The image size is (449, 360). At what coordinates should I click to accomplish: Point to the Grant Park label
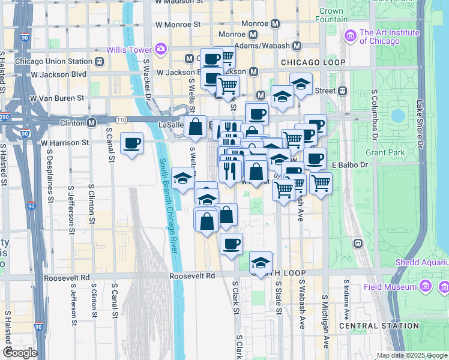click(384, 152)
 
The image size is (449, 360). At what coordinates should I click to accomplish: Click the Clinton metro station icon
click(92, 122)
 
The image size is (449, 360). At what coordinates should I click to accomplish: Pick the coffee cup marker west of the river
click(131, 144)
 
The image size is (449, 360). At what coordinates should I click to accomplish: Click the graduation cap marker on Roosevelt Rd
click(261, 263)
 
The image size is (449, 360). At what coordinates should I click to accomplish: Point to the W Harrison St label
click(65, 143)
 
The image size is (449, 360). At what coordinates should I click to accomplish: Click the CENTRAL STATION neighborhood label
click(379, 326)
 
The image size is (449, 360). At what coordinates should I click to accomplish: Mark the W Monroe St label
click(178, 25)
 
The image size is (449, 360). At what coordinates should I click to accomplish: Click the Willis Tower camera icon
click(160, 48)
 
